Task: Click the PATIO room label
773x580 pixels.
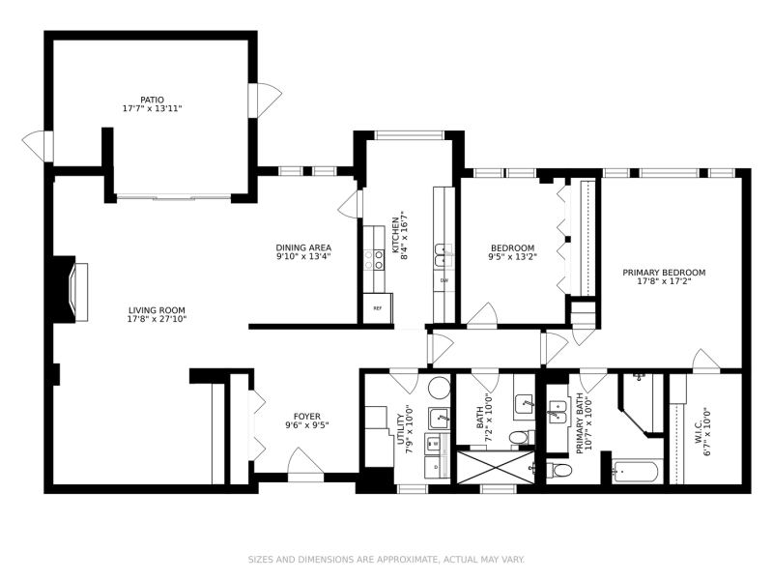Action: coord(152,100)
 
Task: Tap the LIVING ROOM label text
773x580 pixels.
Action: coord(157,310)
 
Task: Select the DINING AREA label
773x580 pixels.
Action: coord(303,247)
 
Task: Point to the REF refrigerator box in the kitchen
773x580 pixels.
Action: coord(378,308)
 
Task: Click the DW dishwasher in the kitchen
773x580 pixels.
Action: coord(444,281)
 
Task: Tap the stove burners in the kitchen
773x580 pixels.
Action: coord(374,259)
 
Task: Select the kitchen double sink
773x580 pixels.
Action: coord(444,255)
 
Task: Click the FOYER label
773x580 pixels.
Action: coord(306,417)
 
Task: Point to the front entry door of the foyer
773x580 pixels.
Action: coord(305,464)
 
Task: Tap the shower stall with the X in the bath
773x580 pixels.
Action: coord(496,467)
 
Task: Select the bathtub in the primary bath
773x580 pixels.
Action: coord(635,472)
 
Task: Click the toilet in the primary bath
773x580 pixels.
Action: coord(559,470)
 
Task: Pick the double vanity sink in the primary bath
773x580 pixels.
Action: coord(558,413)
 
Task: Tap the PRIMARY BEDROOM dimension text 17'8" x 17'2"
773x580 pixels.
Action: coord(664,281)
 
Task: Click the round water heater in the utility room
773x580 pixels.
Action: coord(439,389)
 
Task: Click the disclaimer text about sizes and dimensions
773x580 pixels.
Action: coord(386,560)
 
